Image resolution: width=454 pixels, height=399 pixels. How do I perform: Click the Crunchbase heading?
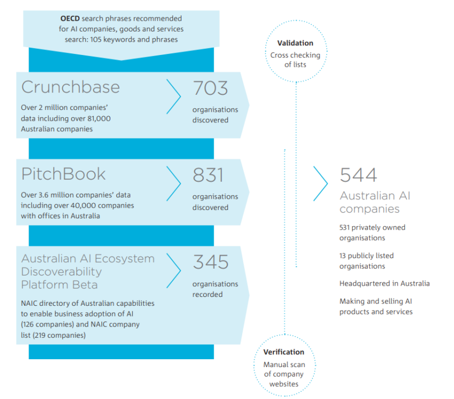(x=71, y=88)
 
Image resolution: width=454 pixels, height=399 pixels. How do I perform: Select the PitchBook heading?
(x=63, y=175)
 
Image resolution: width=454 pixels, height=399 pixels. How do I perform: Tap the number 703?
(x=211, y=88)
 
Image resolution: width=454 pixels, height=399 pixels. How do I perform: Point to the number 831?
(x=208, y=175)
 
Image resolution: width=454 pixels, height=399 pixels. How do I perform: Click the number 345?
(x=211, y=262)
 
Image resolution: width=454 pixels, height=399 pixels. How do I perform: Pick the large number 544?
(x=358, y=176)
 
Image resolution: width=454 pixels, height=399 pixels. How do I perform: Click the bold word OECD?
(x=71, y=19)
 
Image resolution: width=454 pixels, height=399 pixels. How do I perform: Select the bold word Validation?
(x=295, y=43)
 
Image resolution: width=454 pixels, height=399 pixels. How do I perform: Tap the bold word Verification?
(x=284, y=352)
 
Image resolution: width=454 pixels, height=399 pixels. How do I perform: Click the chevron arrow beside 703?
(x=174, y=96)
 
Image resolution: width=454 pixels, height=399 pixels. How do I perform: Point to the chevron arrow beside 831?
(x=174, y=183)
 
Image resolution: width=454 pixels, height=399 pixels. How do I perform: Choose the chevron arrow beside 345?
(x=174, y=270)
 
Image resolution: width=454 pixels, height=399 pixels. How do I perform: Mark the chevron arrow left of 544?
(x=321, y=184)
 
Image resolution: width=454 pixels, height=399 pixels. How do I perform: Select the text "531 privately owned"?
(x=372, y=227)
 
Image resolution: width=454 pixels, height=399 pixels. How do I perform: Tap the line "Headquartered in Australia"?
(x=384, y=283)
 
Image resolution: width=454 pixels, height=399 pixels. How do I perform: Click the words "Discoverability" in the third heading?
(x=62, y=272)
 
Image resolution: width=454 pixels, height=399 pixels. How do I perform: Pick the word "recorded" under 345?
(x=207, y=295)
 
